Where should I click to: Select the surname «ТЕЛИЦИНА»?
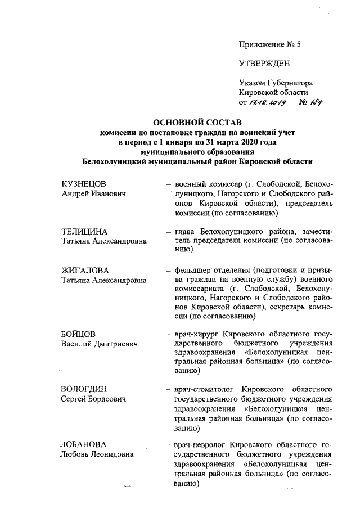tap(84, 231)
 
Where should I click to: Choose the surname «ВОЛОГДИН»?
tap(84, 389)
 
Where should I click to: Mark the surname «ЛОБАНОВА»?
tap(84, 444)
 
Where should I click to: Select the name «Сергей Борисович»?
tap(93, 399)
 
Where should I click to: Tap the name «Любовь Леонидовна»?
tap(97, 454)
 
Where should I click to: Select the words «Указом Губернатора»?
tap(276, 83)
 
